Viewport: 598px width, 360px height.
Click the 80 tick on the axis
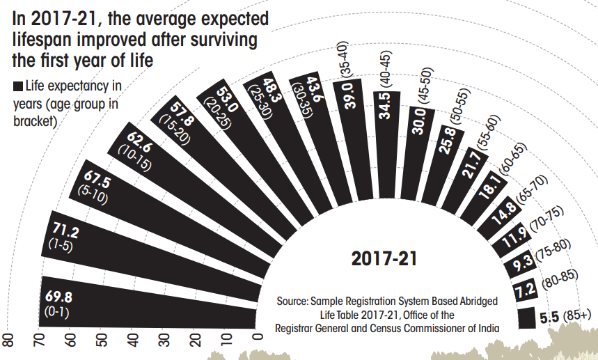click(8, 341)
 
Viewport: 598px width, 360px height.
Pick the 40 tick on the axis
click(132, 341)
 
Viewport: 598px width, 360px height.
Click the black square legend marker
click(17, 87)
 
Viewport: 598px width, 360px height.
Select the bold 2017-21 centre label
click(384, 259)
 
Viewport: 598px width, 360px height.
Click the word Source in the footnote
click(292, 301)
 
